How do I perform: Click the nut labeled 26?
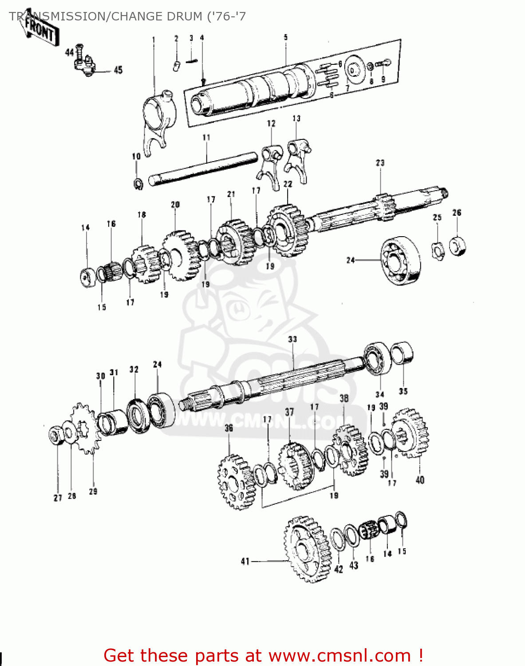(x=458, y=246)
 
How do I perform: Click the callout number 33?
(x=292, y=339)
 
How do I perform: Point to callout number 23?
(x=380, y=163)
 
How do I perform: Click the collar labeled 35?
(x=402, y=353)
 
